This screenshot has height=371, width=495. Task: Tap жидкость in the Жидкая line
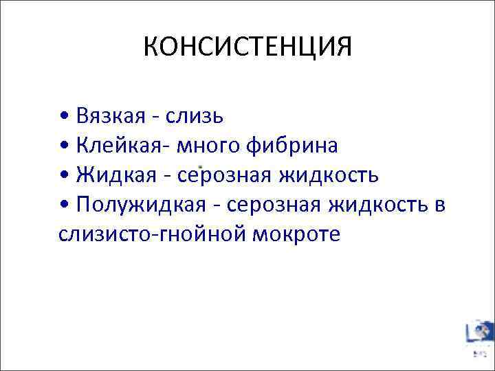(328, 175)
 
